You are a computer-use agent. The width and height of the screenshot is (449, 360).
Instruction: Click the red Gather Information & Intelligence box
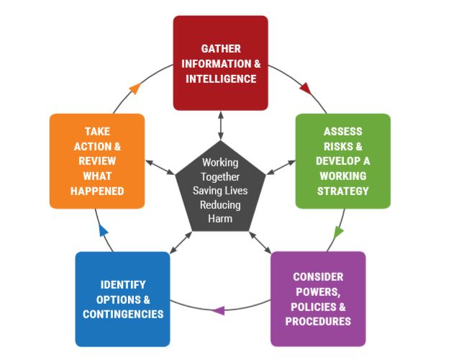[x=220, y=63]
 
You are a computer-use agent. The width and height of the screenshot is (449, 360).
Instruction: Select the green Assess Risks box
[x=343, y=161]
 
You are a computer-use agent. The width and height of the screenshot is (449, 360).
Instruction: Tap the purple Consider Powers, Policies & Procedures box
[x=317, y=298]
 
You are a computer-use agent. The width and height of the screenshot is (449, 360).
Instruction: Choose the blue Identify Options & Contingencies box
[x=122, y=298]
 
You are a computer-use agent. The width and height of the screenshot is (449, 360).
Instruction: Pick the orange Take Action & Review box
[x=97, y=161]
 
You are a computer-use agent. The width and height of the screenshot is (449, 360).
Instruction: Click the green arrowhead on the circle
[x=339, y=232]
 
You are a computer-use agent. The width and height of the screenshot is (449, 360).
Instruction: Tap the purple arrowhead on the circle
[x=219, y=310]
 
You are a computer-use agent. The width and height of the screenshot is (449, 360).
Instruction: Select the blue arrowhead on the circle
[x=103, y=231]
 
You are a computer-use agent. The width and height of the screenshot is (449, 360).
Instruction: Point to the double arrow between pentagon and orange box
[x=160, y=168]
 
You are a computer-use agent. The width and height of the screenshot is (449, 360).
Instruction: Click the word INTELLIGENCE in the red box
[x=221, y=78]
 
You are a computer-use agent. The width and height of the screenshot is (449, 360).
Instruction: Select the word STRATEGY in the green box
[x=343, y=191]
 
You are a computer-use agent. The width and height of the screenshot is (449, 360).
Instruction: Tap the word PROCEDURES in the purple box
[x=317, y=320]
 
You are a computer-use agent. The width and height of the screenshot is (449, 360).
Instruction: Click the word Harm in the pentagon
[x=221, y=218]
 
